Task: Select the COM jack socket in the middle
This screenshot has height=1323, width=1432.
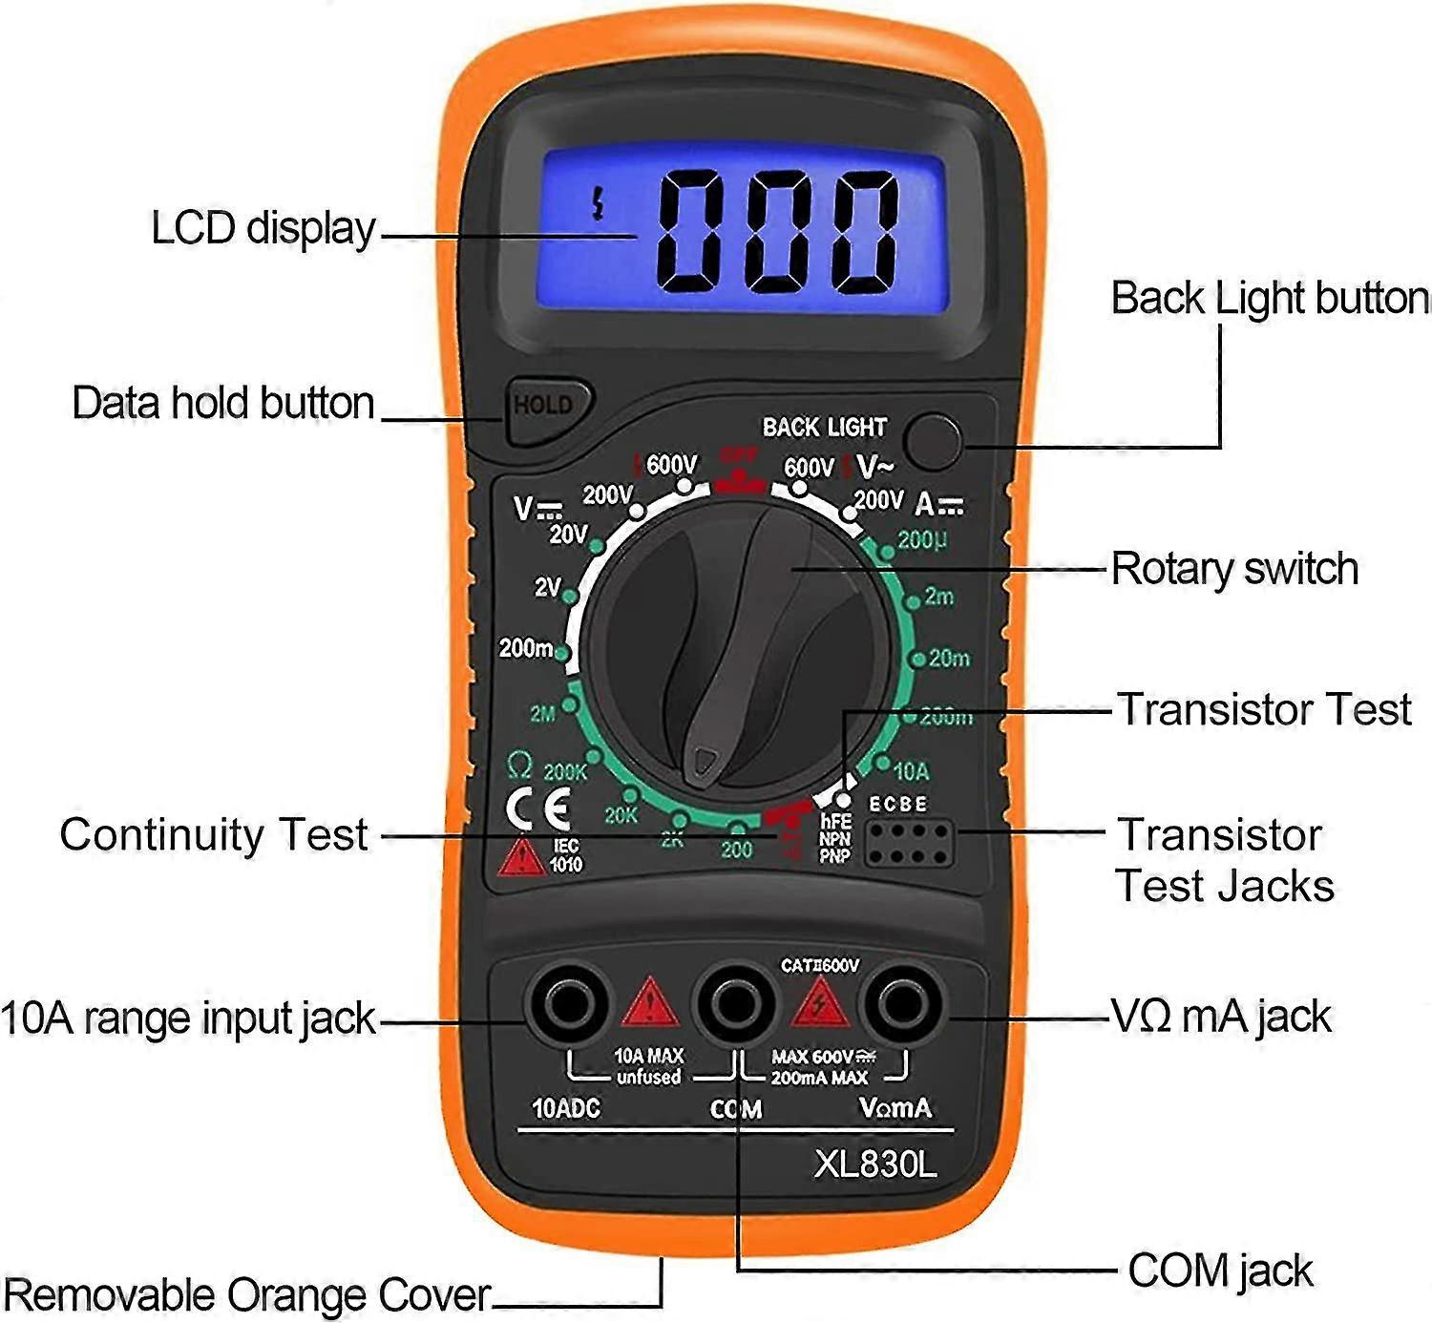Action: tap(734, 1004)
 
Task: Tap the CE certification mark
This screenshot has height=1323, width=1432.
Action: tap(537, 809)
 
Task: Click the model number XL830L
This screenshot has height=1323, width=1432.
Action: tap(874, 1164)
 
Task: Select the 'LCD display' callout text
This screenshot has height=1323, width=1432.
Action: tap(263, 229)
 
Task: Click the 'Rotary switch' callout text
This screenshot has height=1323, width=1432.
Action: tap(1233, 569)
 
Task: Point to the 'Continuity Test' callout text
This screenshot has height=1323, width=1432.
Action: tap(214, 834)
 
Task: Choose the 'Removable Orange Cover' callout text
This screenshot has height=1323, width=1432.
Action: tap(246, 1295)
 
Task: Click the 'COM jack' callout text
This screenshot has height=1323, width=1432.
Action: tap(1219, 1271)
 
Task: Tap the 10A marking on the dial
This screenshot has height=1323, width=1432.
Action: tap(910, 770)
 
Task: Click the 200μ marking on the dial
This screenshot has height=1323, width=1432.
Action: tap(921, 540)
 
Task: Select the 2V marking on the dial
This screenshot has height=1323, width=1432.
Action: tap(547, 586)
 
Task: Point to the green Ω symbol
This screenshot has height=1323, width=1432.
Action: tap(519, 765)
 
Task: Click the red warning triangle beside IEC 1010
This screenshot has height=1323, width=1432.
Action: tap(521, 858)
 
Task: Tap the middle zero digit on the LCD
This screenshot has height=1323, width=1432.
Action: tap(778, 231)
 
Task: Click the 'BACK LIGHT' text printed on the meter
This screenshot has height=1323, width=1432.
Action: tap(824, 427)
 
